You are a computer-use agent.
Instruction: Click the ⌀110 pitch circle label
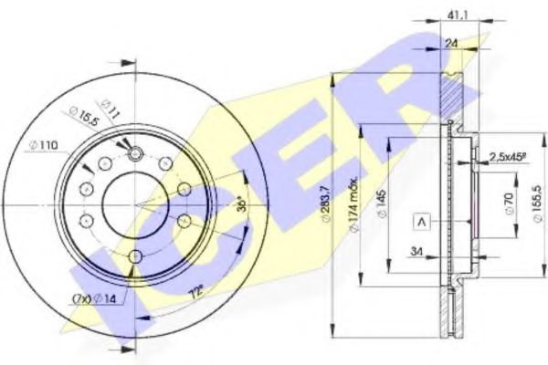[43, 145]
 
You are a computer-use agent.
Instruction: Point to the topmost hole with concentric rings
[135, 152]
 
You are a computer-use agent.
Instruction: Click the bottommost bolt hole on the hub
[135, 256]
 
